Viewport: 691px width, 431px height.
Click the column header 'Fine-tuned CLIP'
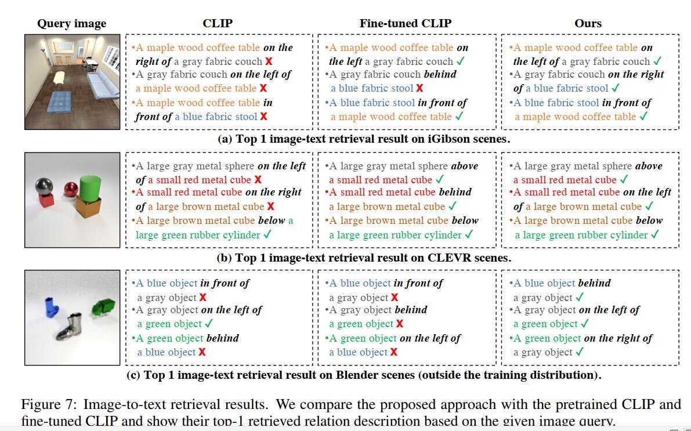pos(405,24)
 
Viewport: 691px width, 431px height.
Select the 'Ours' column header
pos(587,24)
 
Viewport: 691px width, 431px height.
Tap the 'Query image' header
pos(71,24)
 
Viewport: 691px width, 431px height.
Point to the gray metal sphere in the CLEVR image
pos(45,187)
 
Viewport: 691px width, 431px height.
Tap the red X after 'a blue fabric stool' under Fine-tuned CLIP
pos(419,88)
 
